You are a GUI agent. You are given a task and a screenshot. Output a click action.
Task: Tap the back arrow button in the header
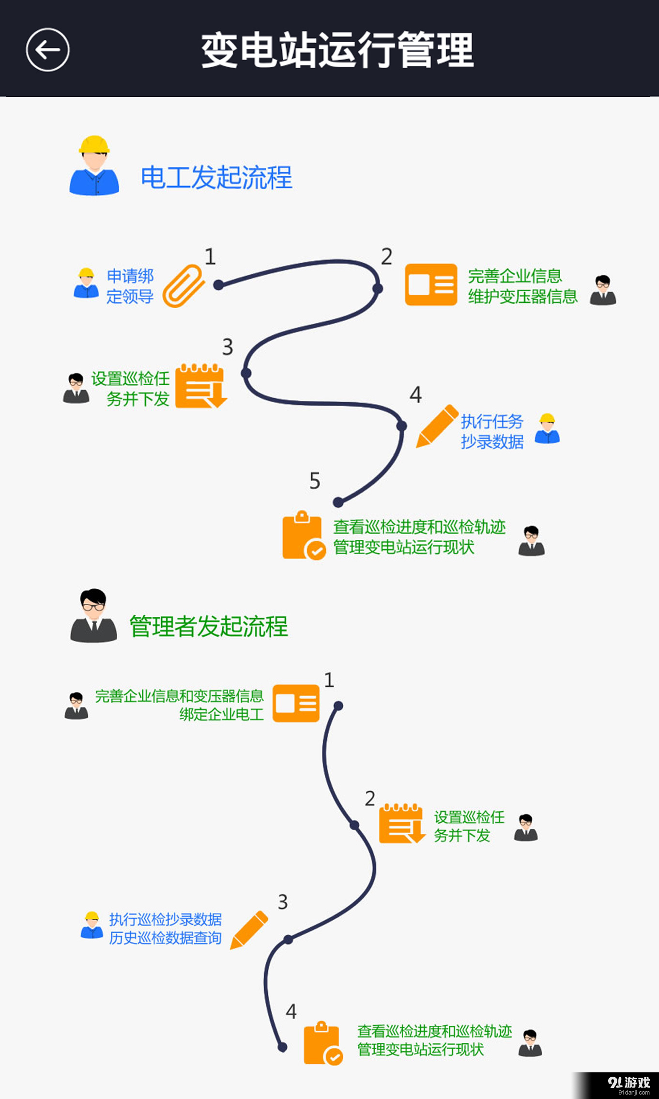click(47, 49)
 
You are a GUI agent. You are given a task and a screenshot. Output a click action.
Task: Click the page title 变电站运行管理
click(337, 50)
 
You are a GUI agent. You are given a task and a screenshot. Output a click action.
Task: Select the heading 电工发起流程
click(216, 177)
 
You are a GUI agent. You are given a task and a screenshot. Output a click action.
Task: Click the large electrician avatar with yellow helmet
click(94, 166)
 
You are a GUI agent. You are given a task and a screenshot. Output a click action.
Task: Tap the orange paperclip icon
click(183, 285)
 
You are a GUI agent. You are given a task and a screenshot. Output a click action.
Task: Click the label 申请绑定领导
click(130, 286)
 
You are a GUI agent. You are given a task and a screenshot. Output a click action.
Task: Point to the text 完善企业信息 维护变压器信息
click(522, 286)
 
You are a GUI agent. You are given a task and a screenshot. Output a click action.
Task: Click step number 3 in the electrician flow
click(228, 347)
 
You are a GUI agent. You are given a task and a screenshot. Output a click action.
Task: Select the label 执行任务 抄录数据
click(492, 431)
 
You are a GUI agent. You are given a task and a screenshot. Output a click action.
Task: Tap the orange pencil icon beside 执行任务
click(437, 426)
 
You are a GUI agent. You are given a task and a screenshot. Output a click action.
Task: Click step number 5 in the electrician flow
click(315, 481)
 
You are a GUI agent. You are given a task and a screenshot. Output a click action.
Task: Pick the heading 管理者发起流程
click(208, 626)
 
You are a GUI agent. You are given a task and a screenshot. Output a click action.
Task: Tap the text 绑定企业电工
click(221, 714)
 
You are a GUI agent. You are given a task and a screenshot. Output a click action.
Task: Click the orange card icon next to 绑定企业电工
click(296, 703)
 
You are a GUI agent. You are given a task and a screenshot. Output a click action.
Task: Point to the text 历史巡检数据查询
click(165, 938)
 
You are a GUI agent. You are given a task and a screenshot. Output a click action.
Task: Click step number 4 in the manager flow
click(291, 1011)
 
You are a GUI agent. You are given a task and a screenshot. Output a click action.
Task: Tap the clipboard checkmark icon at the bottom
click(322, 1043)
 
